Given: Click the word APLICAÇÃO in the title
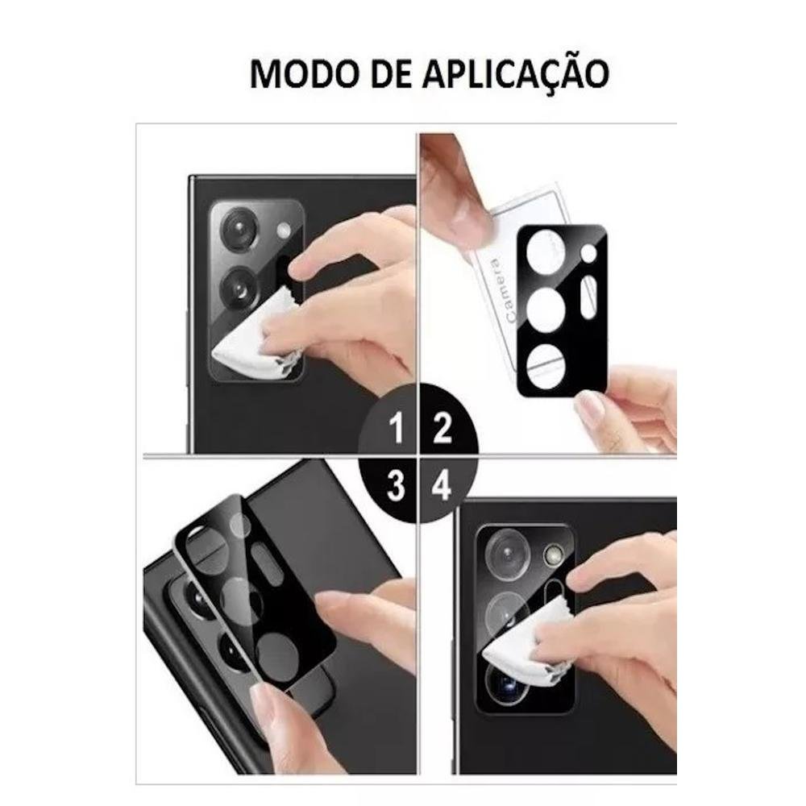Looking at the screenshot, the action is (516, 73).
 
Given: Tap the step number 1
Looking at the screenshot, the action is (397, 428).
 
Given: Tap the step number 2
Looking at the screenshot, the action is (442, 428).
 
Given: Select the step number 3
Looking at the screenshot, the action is (396, 485).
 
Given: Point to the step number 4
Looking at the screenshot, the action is (442, 485).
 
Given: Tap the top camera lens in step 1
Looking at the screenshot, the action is (239, 229).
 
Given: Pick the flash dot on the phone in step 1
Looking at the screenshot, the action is (283, 231).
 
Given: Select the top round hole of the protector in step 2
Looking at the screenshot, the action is (546, 251).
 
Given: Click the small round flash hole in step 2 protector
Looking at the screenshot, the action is (588, 253).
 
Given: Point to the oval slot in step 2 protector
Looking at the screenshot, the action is (588, 297).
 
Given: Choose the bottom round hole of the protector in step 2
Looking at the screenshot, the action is (546, 365).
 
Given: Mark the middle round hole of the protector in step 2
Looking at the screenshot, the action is (546, 309).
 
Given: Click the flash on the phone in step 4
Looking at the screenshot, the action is (553, 555).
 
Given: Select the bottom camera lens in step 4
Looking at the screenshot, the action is (506, 683).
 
